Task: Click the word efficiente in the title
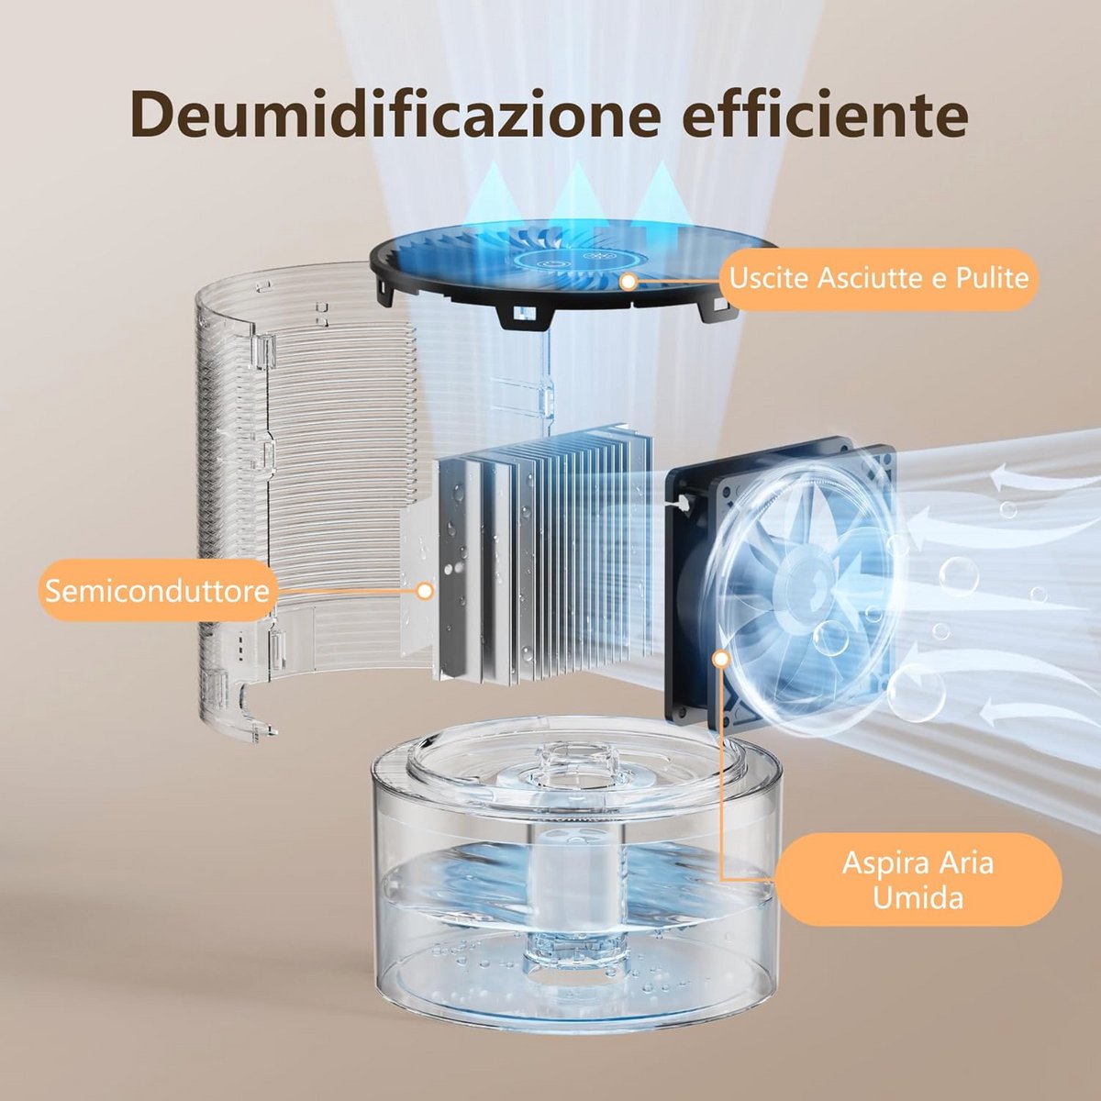pyautogui.click(x=826, y=115)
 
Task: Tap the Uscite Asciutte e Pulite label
pyautogui.click(x=879, y=279)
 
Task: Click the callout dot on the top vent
pyautogui.click(x=629, y=281)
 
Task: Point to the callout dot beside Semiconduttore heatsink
pyautogui.click(x=424, y=591)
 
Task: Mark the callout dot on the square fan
pyautogui.click(x=722, y=660)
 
